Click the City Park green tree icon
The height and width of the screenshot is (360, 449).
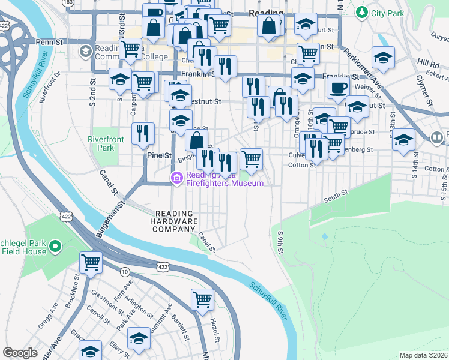(361, 11)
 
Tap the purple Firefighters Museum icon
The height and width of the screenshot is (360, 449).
(177, 178)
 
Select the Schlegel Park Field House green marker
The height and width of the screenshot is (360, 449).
(55, 246)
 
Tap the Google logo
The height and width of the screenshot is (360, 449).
(20, 353)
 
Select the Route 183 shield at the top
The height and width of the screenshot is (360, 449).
(68, 4)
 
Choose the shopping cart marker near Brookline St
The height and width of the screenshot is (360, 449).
(91, 262)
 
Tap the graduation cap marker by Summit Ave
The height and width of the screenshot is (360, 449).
(139, 339)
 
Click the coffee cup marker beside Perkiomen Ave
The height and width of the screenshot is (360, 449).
(338, 88)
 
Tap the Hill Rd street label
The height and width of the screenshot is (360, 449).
(429, 63)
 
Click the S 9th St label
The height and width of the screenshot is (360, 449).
(280, 239)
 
